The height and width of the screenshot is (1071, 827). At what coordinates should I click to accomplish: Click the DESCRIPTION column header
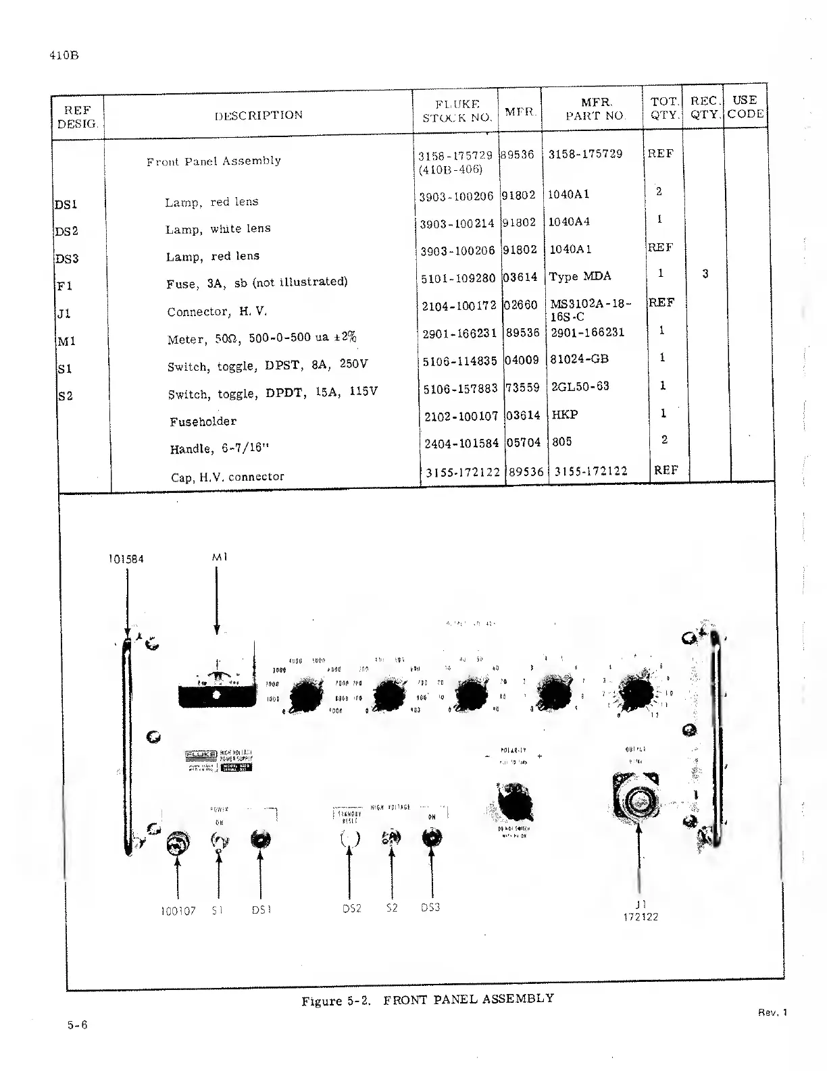pos(259,115)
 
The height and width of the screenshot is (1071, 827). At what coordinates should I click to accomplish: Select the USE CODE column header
pos(745,107)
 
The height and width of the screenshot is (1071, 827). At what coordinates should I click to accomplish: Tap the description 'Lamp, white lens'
pos(218,229)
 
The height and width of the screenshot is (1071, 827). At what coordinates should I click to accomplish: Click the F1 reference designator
pos(64,286)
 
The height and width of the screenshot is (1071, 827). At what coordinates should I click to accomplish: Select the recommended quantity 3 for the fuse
pos(705,274)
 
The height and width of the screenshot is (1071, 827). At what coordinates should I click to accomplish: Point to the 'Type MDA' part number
pos(580,276)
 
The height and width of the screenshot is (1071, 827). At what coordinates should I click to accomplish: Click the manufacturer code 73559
pos(522,388)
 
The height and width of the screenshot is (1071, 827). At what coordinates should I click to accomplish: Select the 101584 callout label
pos(126,559)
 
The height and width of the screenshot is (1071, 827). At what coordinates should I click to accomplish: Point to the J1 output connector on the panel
pos(637,800)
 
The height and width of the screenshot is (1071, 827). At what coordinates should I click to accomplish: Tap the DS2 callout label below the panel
pos(352,908)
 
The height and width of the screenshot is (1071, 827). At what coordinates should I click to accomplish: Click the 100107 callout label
pos(178,911)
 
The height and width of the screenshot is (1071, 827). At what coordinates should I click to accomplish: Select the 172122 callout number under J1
pos(640,917)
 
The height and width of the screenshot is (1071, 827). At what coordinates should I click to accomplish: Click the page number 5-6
pos(77,1024)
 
